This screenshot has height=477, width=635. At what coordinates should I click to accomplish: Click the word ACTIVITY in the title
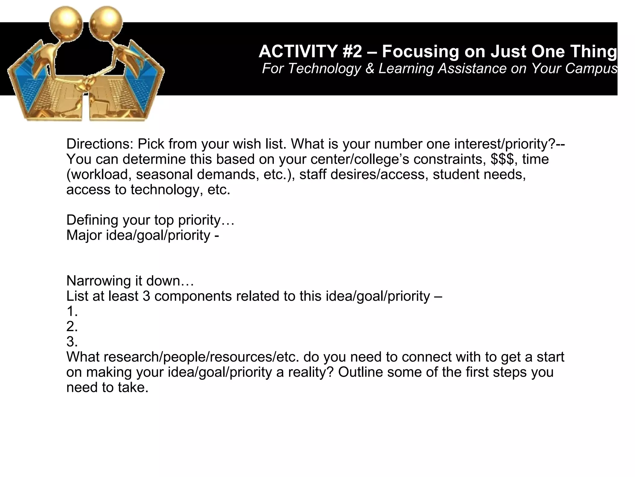tap(298, 52)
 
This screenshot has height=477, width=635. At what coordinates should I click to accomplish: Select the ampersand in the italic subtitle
tap(370, 68)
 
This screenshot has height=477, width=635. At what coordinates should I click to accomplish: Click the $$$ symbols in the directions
tap(502, 159)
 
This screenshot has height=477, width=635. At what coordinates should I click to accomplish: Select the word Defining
tap(92, 220)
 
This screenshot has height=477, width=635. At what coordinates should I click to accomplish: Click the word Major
tap(84, 235)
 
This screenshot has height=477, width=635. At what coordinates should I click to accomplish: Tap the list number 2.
tap(71, 326)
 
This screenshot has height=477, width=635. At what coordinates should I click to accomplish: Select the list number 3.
tap(71, 342)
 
